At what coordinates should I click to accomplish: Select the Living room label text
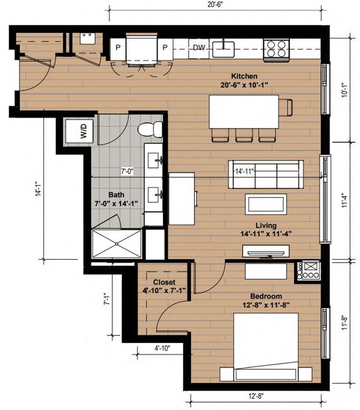266,225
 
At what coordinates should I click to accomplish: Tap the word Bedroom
265,296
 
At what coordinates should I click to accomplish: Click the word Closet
160,281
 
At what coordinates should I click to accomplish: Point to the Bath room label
115,195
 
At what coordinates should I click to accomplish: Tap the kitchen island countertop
244,111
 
